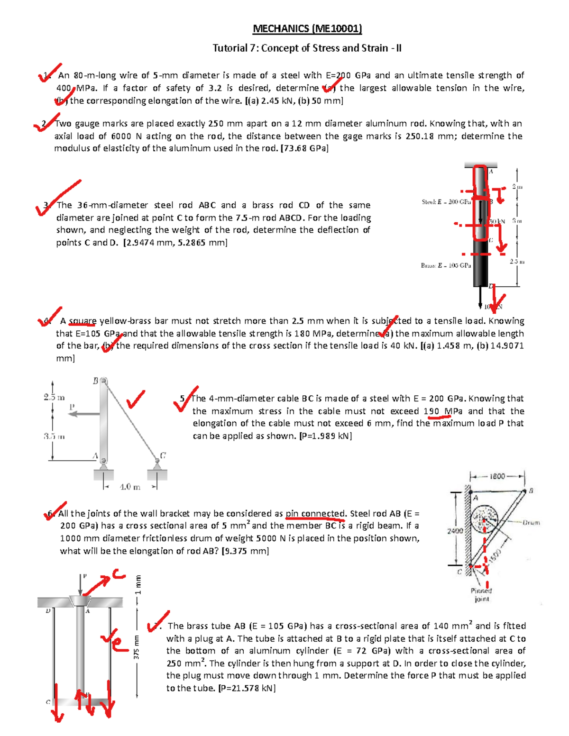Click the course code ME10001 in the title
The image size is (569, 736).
click(x=337, y=29)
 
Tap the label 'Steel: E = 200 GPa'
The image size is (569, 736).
click(x=446, y=202)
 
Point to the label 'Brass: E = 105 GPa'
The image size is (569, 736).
click(x=446, y=265)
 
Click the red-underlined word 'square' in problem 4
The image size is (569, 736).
click(x=83, y=321)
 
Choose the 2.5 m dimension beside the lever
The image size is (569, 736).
click(x=54, y=397)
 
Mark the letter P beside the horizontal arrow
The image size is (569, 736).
click(x=72, y=406)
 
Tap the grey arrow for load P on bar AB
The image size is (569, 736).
click(x=83, y=414)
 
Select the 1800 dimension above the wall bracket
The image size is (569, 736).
click(x=497, y=476)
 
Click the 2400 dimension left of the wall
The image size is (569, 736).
click(x=455, y=531)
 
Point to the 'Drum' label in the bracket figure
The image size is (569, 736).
click(x=531, y=522)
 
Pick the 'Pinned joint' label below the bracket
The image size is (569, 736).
click(x=481, y=595)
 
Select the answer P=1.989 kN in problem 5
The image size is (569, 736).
click(x=325, y=436)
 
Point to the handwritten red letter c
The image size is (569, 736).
click(x=119, y=575)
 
